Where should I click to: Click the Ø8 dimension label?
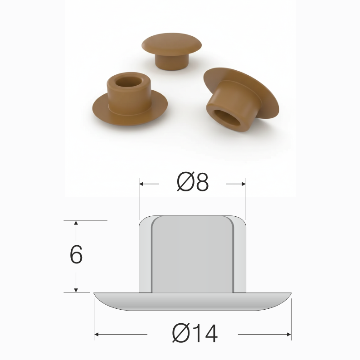click(193, 182)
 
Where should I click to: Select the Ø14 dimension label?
click(195, 333)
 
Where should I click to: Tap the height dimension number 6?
click(76, 254)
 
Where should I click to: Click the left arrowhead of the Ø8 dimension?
click(141, 184)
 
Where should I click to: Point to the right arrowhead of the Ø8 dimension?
click(243, 184)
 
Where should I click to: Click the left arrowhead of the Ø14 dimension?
click(97, 334)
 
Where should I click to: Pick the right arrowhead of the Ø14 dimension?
click(289, 334)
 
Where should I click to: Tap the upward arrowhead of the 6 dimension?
click(76, 223)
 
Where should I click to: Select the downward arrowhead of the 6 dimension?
click(76, 290)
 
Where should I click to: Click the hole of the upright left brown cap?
click(128, 82)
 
